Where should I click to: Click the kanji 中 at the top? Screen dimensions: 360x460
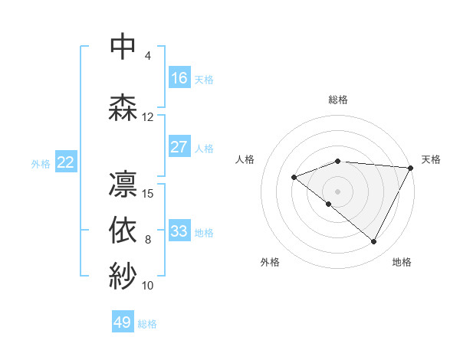tap(123, 47)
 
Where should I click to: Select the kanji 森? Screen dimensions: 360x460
tap(123, 106)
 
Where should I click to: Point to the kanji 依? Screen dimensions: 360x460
tap(123, 229)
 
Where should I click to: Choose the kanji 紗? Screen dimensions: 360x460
tap(123, 274)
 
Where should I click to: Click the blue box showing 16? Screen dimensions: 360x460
tap(179, 78)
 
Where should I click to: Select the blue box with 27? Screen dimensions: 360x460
tap(179, 147)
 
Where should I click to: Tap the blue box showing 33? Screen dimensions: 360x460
tap(179, 231)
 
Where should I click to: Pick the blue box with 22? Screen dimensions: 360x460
tap(66, 162)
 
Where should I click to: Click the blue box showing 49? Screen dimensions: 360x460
tap(123, 322)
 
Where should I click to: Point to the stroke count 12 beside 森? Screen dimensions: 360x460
tap(148, 117)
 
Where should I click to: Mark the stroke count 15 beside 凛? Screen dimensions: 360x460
tap(148, 193)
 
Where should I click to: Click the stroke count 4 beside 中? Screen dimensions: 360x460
tap(148, 56)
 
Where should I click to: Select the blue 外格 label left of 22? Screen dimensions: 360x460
tap(41, 163)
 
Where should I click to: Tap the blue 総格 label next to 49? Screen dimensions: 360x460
tap(148, 324)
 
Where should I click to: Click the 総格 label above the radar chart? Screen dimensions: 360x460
tap(338, 100)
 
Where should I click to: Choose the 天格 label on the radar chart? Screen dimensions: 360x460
tap(431, 159)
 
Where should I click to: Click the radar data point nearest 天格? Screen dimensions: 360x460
tap(412, 168)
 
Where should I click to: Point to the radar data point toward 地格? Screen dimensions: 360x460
tap(374, 242)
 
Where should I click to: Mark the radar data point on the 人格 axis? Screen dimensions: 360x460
tap(294, 177)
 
